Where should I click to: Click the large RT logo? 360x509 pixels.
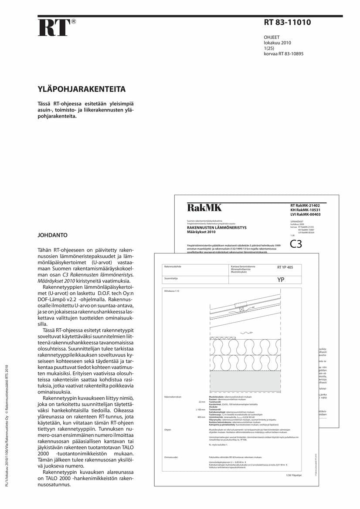pyautogui.click(x=54, y=27)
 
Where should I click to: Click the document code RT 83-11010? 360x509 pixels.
pyautogui.click(x=287, y=23)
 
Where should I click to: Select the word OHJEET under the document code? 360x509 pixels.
pyautogui.click(x=272, y=37)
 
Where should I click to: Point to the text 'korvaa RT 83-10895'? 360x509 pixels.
pyautogui.click(x=284, y=54)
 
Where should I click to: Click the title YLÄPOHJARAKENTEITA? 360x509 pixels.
pyautogui.click(x=82, y=90)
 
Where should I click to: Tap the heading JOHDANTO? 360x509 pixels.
pyautogui.click(x=53, y=235)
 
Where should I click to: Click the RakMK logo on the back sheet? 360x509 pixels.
pyautogui.click(x=204, y=208)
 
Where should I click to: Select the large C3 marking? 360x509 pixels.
pyautogui.click(x=295, y=244)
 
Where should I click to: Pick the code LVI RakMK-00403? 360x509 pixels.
pyautogui.click(x=305, y=214)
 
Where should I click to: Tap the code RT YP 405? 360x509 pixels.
pyautogui.click(x=285, y=267)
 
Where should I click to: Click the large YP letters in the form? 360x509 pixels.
pyautogui.click(x=281, y=280)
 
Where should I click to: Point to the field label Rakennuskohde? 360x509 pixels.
pyautogui.click(x=173, y=266)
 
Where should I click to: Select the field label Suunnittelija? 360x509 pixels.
pyautogui.click(x=171, y=278)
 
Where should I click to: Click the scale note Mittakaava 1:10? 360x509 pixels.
pyautogui.click(x=172, y=290)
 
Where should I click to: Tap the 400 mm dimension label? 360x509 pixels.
pyautogui.click(x=201, y=417)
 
